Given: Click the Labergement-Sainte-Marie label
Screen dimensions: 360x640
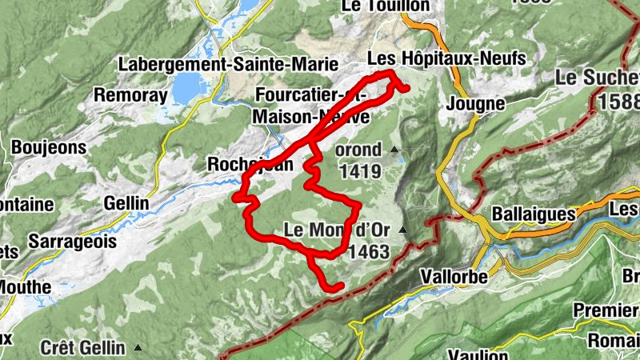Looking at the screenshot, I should (x=228, y=63).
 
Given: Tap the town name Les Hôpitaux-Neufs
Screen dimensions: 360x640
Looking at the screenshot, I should (x=446, y=58).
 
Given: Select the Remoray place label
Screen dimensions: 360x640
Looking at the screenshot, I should (x=130, y=95).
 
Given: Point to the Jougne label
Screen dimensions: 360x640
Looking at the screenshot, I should (x=476, y=103).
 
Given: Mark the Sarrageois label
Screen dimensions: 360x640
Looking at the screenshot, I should (x=72, y=241).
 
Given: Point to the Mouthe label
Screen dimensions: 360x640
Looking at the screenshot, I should (x=24, y=286).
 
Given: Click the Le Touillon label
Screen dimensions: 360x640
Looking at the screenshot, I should (x=385, y=6).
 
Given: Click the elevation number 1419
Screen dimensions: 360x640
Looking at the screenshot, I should (x=360, y=170).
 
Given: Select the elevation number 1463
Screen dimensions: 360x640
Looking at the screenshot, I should (x=369, y=252).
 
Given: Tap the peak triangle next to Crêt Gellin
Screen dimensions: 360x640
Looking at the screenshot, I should (x=139, y=347).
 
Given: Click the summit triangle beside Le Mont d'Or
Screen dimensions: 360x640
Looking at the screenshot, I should (x=402, y=231).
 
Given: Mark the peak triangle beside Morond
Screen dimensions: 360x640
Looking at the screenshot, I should (x=394, y=150).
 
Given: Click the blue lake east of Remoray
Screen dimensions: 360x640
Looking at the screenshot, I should (x=187, y=86).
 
